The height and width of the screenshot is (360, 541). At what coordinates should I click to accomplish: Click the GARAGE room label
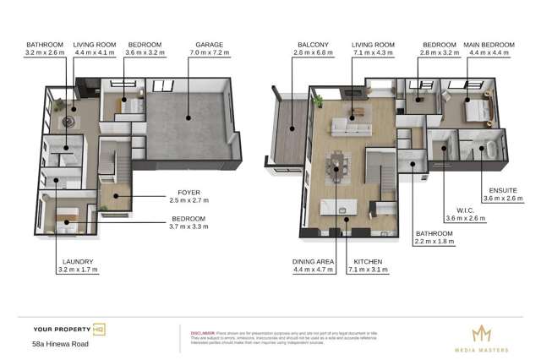pyautogui.click(x=209, y=43)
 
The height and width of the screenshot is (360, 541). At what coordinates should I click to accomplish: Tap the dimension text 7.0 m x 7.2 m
pyautogui.click(x=209, y=52)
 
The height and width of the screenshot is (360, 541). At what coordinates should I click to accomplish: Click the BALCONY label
pyautogui.click(x=312, y=43)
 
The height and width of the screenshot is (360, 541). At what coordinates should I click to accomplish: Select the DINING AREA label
pyautogui.click(x=314, y=261)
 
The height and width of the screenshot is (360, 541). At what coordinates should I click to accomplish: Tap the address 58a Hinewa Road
pyautogui.click(x=60, y=344)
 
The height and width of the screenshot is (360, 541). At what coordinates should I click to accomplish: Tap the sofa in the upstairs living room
pyautogui.click(x=352, y=128)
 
